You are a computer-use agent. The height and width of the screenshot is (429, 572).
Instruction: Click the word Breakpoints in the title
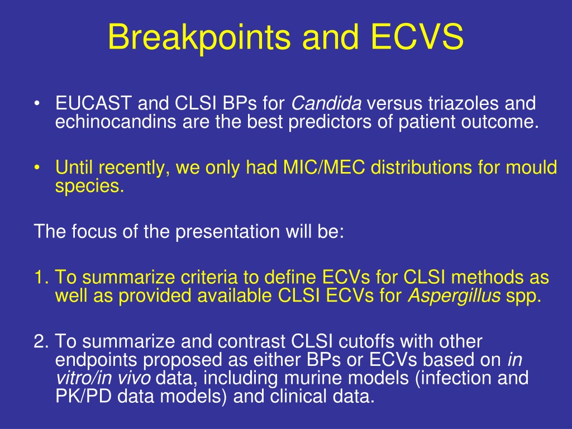199,37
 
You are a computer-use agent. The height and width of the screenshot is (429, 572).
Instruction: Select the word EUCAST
93,103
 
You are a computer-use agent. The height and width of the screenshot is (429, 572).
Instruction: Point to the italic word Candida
326,103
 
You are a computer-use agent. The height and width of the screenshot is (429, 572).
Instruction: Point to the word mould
531,168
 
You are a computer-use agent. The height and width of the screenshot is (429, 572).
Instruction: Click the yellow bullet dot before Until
36,168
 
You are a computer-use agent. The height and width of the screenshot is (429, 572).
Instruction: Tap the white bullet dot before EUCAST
36,103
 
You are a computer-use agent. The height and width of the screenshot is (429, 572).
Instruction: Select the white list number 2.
41,341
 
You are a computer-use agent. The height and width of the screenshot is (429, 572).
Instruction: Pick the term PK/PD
84,396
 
